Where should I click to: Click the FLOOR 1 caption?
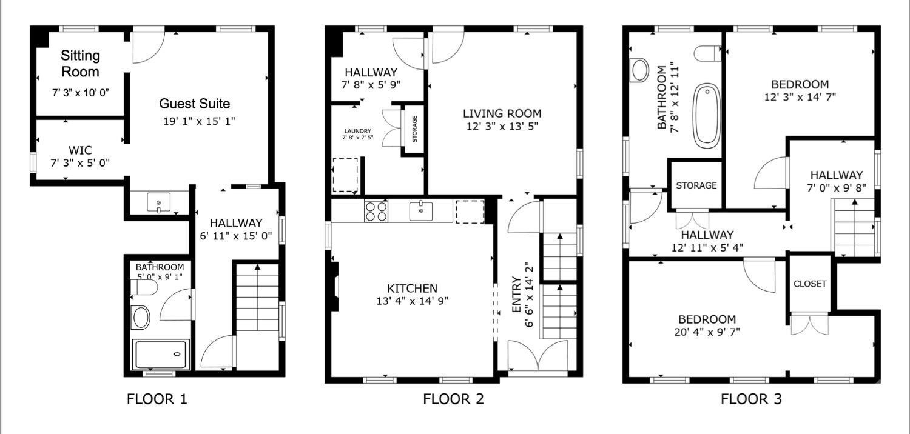pos(157,399)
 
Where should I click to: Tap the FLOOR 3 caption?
pos(751,399)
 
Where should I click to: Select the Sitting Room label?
pos(80,64)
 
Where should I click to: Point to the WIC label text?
pos(80,150)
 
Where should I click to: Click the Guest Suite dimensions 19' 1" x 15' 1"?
pos(199,121)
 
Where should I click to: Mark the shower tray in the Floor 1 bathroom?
pos(161,355)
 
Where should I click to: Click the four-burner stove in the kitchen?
pos(376,212)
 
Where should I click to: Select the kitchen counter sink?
pos(421,212)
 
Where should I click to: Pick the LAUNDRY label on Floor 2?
pos(357,131)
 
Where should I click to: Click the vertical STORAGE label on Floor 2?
pos(415,130)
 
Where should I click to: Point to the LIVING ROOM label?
pos(502,113)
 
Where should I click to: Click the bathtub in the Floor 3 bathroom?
pos(707,115)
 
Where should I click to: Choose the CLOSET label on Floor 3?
pos(810,284)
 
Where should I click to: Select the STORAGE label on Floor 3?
pos(696,185)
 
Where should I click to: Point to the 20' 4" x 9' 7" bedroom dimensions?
pos(707,332)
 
